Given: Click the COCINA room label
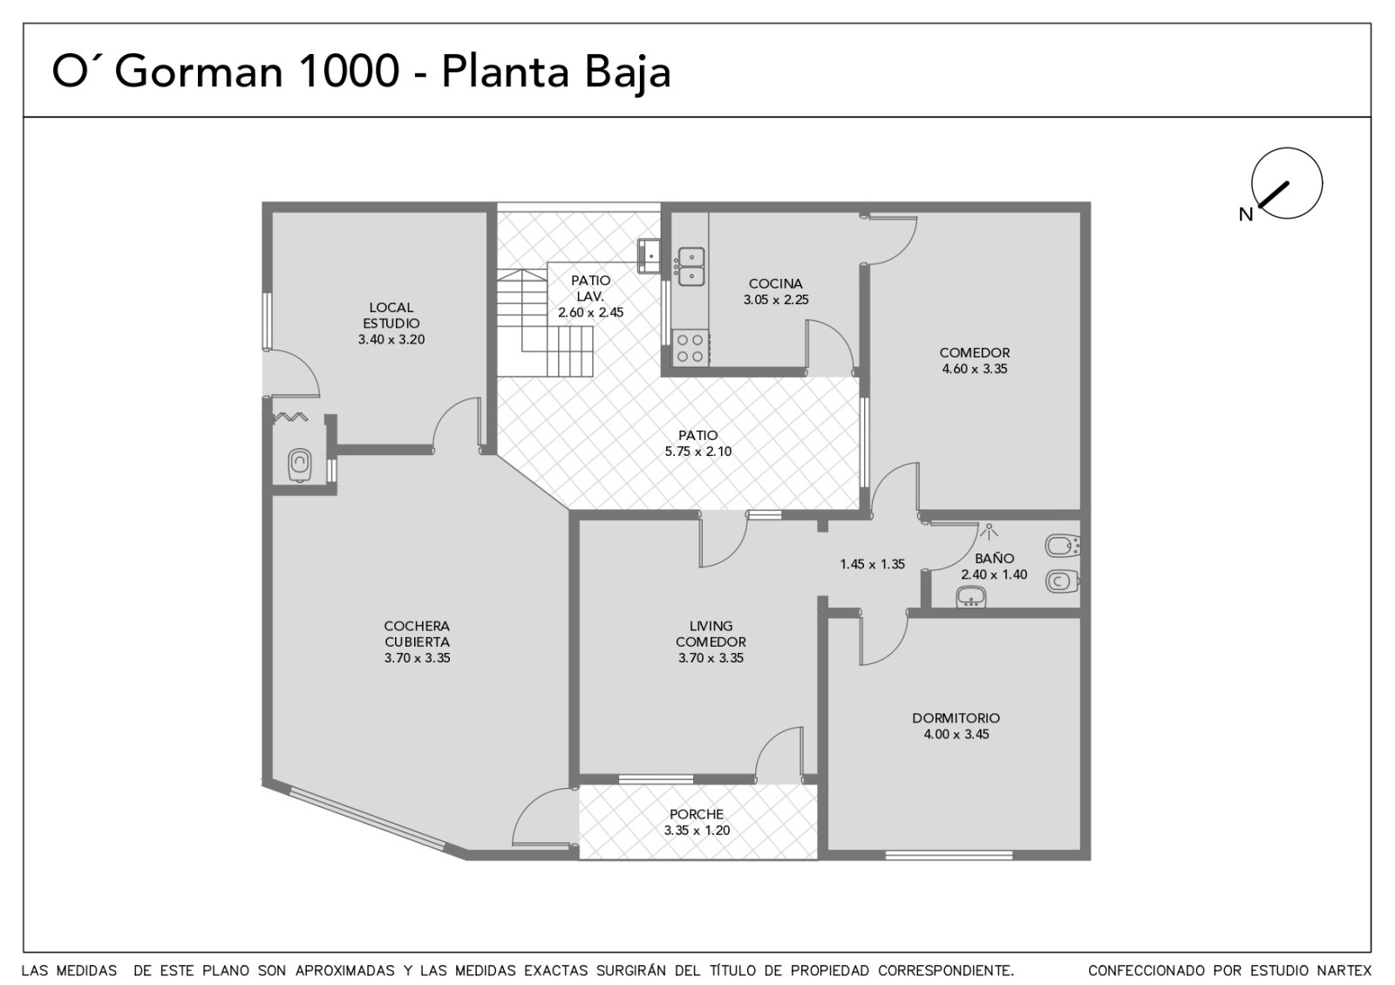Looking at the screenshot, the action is click(775, 284).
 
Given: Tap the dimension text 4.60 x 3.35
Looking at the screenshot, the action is click(975, 369).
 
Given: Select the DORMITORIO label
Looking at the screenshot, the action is click(956, 718).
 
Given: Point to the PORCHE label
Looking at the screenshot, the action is click(697, 814).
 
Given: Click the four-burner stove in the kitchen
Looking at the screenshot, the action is click(690, 348).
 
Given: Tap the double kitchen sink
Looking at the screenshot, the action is click(691, 267).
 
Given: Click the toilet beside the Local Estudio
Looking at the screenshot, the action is click(300, 465).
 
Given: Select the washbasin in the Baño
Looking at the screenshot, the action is click(971, 596).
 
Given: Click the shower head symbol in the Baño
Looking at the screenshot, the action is click(989, 531).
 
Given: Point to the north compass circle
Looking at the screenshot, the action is click(1287, 183).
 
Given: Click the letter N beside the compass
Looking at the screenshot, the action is click(1246, 214).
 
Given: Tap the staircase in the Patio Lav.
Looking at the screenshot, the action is click(545, 323).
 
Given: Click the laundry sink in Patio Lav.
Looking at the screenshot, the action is click(649, 255).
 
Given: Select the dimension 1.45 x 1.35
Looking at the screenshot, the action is click(872, 564).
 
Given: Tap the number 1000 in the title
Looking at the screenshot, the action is click(350, 71).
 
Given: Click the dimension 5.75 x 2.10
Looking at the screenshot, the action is click(698, 452).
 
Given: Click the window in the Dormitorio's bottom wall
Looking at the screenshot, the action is click(949, 855).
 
